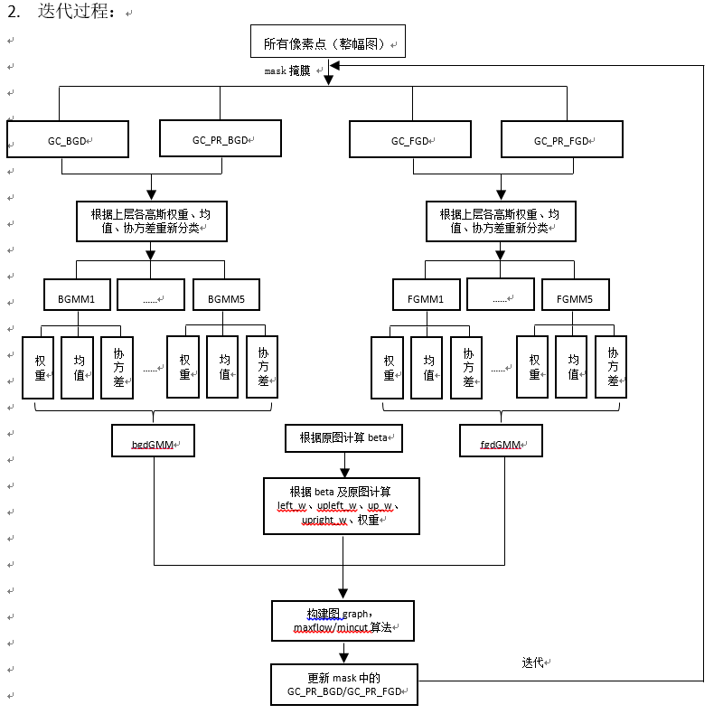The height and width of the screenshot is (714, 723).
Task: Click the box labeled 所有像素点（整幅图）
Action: tap(327, 42)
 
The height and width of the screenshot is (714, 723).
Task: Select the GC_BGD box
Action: tap(68, 140)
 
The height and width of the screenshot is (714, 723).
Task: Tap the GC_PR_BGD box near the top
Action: tap(220, 139)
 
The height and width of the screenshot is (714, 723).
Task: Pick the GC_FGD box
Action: tap(411, 140)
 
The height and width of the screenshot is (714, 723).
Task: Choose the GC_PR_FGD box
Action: tap(562, 140)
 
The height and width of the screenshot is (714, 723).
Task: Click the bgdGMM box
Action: tap(155, 444)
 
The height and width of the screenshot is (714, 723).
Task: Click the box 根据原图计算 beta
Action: tap(343, 437)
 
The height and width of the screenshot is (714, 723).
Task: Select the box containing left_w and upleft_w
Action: tap(342, 505)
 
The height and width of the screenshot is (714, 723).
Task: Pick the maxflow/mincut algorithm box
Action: tap(342, 620)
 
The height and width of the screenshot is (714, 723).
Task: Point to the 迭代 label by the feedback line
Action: tap(533, 662)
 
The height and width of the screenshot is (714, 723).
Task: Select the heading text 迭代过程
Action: tap(76, 12)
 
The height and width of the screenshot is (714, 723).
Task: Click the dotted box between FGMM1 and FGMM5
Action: tap(500, 295)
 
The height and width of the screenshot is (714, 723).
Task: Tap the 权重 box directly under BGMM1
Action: tap(39, 367)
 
